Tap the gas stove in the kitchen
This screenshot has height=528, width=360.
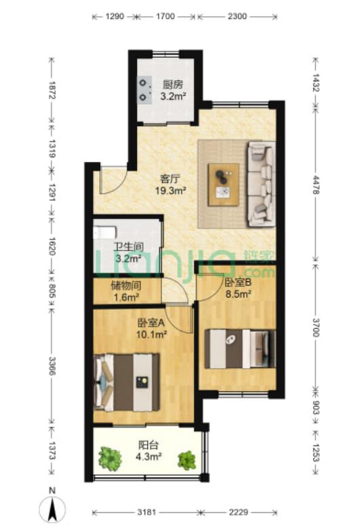pyautogui.click(x=144, y=89)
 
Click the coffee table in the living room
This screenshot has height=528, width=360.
pyautogui.click(x=224, y=184)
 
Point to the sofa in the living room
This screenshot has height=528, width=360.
pyautogui.click(x=262, y=184)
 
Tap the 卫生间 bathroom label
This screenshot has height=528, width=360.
pyautogui.click(x=128, y=247)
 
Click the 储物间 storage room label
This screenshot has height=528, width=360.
pyautogui.click(x=125, y=286)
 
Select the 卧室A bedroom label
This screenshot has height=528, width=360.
pyautogui.click(x=151, y=323)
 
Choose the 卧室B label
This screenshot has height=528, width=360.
pyautogui.click(x=237, y=283)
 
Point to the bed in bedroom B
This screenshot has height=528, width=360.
pyautogui.click(x=240, y=349)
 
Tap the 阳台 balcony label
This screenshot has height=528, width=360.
pyautogui.click(x=148, y=445)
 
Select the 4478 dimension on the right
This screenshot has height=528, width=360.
pyautogui.click(x=316, y=184)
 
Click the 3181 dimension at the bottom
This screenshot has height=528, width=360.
pyautogui.click(x=147, y=512)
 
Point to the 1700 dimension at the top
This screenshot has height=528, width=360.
pyautogui.click(x=165, y=16)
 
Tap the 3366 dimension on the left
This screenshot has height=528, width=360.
pyautogui.click(x=52, y=366)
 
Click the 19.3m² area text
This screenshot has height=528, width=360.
pyautogui.click(x=171, y=191)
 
